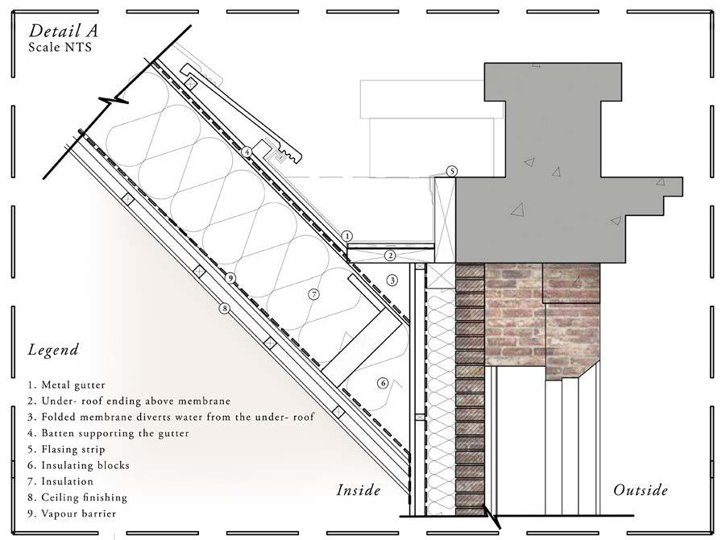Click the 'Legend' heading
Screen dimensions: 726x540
53,350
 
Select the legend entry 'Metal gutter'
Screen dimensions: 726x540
68,385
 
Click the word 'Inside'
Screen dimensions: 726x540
358,490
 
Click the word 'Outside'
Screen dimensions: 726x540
641,490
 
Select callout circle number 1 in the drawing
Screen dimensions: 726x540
346,235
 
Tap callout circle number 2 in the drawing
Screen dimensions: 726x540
390,255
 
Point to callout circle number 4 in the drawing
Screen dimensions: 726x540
247,152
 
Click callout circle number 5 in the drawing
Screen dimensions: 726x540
452,171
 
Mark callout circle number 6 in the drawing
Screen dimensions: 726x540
383,383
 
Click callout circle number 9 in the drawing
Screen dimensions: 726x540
230,278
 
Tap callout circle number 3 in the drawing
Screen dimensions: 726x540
392,280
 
